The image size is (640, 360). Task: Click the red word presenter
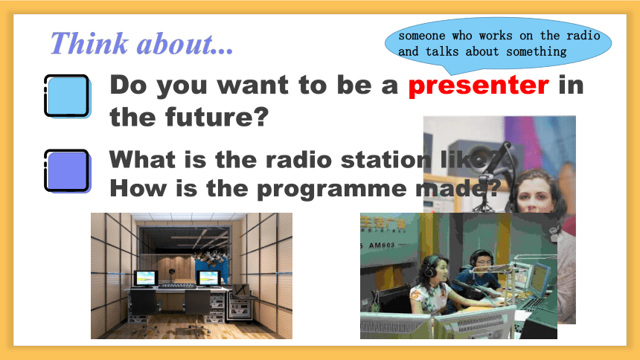(x=479, y=86)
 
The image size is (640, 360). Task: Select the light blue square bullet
(x=67, y=97)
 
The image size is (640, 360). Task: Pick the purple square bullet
(x=67, y=171)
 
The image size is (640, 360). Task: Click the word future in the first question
(x=217, y=117)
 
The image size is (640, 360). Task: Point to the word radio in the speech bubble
(x=583, y=36)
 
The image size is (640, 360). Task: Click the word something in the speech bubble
(x=537, y=52)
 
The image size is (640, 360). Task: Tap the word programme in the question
(x=331, y=190)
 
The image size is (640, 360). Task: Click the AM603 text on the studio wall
(x=382, y=245)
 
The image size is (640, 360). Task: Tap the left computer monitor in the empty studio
(x=146, y=279)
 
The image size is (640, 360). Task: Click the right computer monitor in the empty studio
(x=208, y=278)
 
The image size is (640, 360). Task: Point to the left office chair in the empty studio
(x=144, y=309)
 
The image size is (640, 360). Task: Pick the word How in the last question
(x=138, y=189)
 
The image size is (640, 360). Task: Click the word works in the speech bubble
(x=496, y=36)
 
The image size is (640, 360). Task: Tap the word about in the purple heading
(x=185, y=44)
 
